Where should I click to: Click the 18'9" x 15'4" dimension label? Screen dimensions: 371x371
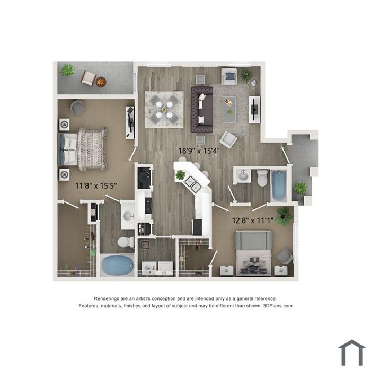(199, 151)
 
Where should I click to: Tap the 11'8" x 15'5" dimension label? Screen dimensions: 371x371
(96, 185)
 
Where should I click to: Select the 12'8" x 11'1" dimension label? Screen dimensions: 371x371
(253, 220)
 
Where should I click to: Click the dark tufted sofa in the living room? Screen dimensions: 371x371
(202, 109)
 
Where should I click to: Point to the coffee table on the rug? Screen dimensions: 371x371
(229, 109)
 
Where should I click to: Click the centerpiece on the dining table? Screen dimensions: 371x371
(164, 110)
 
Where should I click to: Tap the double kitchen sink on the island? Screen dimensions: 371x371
(193, 184)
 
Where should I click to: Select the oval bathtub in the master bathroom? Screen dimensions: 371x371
(117, 266)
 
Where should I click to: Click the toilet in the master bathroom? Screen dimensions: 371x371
(126, 242)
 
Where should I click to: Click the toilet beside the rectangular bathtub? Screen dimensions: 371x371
(262, 178)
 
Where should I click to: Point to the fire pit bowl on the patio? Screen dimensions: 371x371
(101, 82)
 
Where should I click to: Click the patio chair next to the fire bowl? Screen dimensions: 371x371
(89, 78)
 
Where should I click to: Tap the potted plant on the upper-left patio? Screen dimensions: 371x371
(68, 70)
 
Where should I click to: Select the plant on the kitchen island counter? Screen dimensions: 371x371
(180, 175)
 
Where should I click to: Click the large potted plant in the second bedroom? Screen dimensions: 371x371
(284, 216)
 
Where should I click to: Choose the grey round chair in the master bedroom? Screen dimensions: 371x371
(77, 108)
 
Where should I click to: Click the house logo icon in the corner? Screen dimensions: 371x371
(352, 352)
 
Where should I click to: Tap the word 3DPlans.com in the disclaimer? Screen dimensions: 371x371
(278, 306)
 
